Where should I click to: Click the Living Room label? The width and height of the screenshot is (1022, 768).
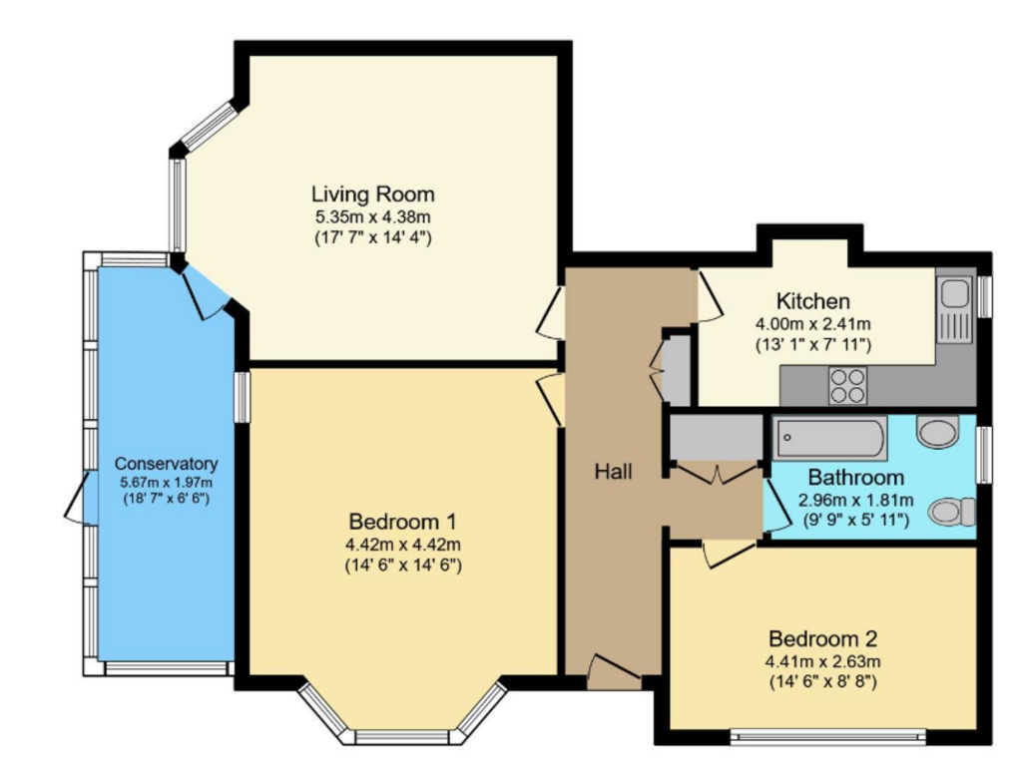point(373,194)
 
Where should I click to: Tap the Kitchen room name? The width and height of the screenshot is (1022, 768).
point(812,301)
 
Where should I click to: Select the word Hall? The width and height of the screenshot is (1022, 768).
point(613,471)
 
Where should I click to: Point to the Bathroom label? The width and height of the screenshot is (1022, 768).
point(855,477)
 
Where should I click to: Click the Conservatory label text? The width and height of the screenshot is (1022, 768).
point(167,464)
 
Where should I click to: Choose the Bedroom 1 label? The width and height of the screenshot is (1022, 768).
point(403,521)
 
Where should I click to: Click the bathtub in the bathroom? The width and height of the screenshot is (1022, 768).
point(829,439)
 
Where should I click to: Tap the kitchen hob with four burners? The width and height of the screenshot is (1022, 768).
point(848,386)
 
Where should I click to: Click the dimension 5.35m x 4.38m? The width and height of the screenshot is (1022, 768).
point(373,216)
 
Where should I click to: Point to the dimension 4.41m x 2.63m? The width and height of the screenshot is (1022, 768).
point(822,662)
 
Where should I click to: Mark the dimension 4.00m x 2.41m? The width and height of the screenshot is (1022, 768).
point(812,323)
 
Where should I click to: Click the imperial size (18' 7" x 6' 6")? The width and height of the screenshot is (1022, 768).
point(167,500)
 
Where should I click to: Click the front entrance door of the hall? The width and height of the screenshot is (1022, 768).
point(614,673)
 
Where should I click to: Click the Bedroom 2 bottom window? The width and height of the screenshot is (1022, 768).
point(827,737)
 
